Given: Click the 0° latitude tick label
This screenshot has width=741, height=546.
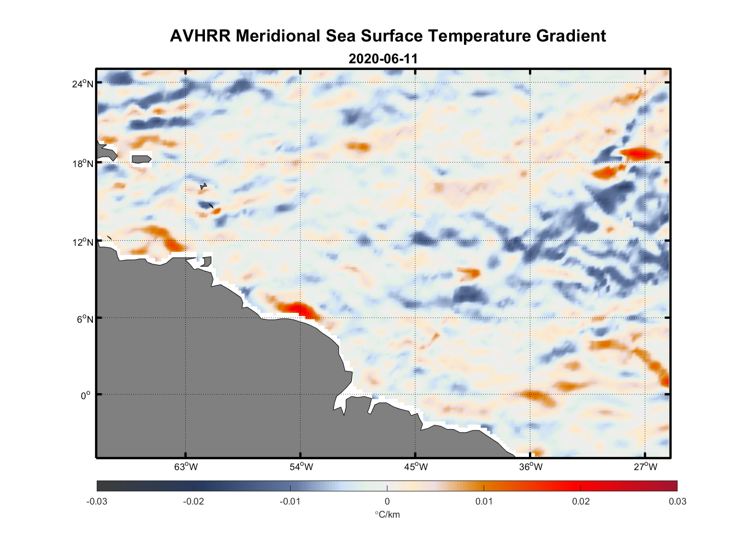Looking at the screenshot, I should (86, 395).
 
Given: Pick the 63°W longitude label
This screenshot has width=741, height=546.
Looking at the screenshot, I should (186, 467).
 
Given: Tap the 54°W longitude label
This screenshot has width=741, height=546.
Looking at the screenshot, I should (301, 467).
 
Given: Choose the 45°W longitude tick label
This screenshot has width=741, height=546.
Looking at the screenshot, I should (415, 467).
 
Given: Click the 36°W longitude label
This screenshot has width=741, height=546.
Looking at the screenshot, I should (530, 467).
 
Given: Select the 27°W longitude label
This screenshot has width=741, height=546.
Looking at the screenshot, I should (645, 467).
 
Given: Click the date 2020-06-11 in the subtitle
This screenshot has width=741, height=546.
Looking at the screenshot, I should (383, 59).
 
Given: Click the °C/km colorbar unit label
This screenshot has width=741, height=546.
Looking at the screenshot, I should (387, 514).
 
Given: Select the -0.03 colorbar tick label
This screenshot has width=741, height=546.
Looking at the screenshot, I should (97, 501).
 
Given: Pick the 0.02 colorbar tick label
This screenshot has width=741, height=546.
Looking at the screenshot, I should (580, 501).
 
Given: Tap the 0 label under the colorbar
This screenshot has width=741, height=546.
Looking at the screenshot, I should (387, 501).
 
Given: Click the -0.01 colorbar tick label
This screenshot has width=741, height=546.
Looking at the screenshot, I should (290, 501).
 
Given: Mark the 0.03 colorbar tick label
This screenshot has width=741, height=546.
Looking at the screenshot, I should (677, 501).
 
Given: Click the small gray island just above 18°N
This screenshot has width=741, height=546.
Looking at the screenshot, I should (141, 159).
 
